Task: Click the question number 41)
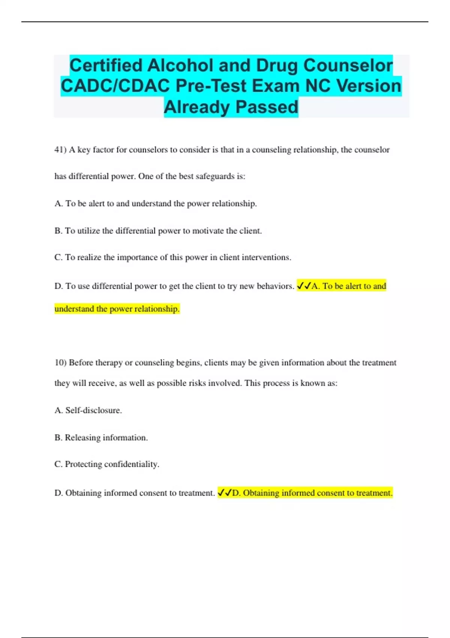tap(60, 150)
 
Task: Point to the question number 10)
tap(60, 363)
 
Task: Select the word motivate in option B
tap(208, 231)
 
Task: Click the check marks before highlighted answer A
tap(304, 286)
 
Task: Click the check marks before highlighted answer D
tap(225, 493)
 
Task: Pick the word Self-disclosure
tap(93, 410)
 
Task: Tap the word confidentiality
tap(132, 464)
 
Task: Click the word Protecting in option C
tap(83, 464)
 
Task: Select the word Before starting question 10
tap(81, 363)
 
